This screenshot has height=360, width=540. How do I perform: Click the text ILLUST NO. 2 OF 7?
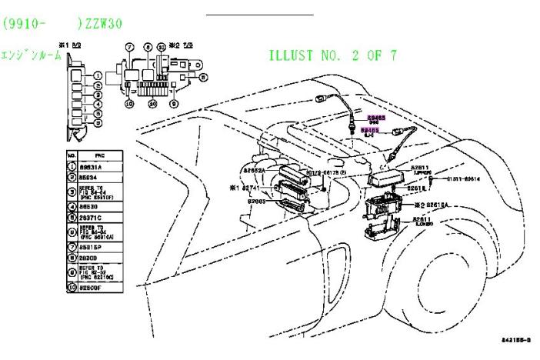[333, 55]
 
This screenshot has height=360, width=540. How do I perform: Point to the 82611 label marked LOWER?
[423, 221]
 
